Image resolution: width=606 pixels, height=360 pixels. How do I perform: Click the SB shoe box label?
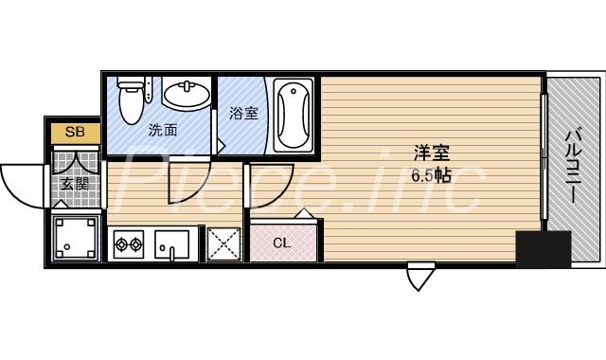coord(75,133)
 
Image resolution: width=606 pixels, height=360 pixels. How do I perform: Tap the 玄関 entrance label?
coord(74,184)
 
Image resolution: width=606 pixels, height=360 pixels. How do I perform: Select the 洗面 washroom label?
coord(162,130)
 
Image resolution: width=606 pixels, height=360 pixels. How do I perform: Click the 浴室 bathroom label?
coord(243,114)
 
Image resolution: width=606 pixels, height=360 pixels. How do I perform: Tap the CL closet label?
coord(281,242)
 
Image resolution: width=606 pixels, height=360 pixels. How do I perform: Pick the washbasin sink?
coord(186,95)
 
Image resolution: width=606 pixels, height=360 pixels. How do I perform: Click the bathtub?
coord(294,116)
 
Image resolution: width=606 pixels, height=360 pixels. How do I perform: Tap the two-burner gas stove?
coord(129,246)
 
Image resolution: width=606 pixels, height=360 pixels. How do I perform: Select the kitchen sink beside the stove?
coord(172,246)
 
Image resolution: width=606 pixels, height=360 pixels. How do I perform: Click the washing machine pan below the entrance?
coord(75,238)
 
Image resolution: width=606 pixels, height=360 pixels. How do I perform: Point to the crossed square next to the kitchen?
coord(223,245)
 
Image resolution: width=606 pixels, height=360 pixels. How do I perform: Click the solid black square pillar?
coord(543,249)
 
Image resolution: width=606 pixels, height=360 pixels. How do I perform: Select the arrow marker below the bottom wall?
coord(419,277)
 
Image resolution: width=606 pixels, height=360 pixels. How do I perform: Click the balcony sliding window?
coord(544,161)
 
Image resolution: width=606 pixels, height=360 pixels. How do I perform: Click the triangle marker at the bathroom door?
coord(221,147)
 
